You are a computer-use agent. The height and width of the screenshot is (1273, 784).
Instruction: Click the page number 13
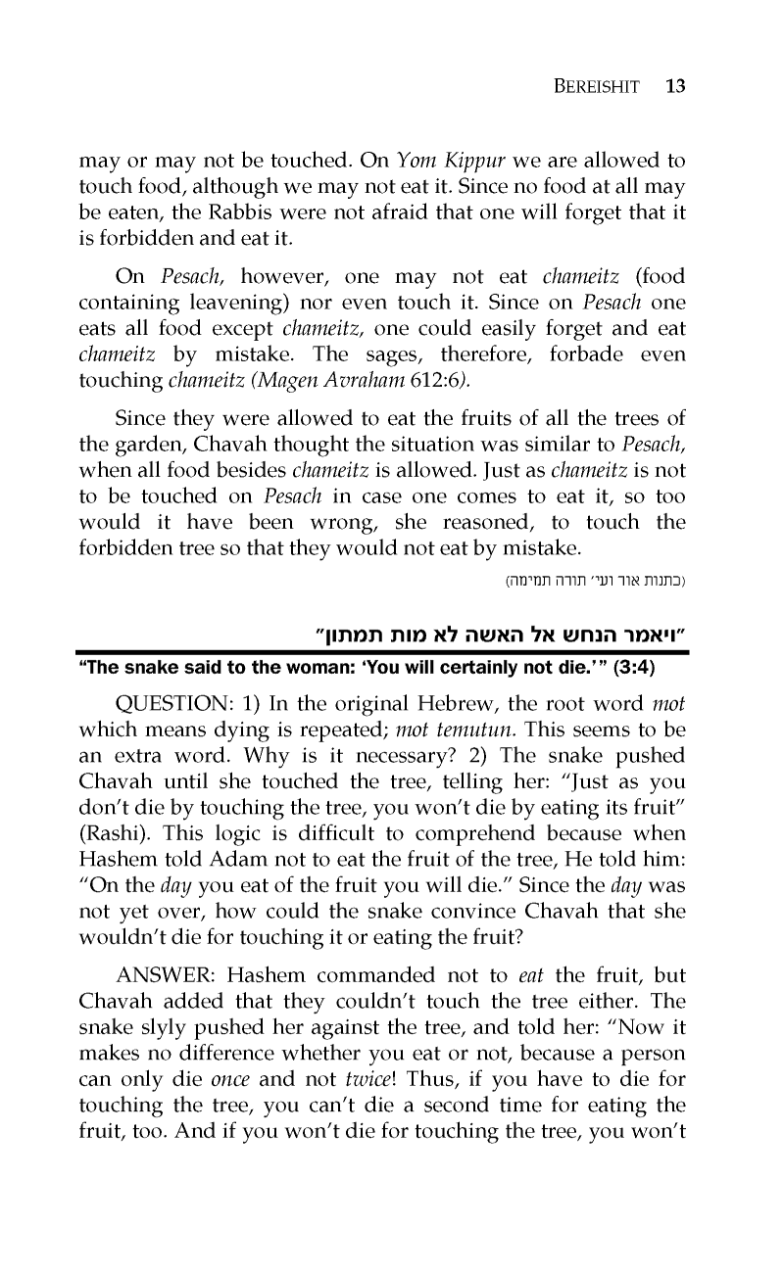point(674,85)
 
